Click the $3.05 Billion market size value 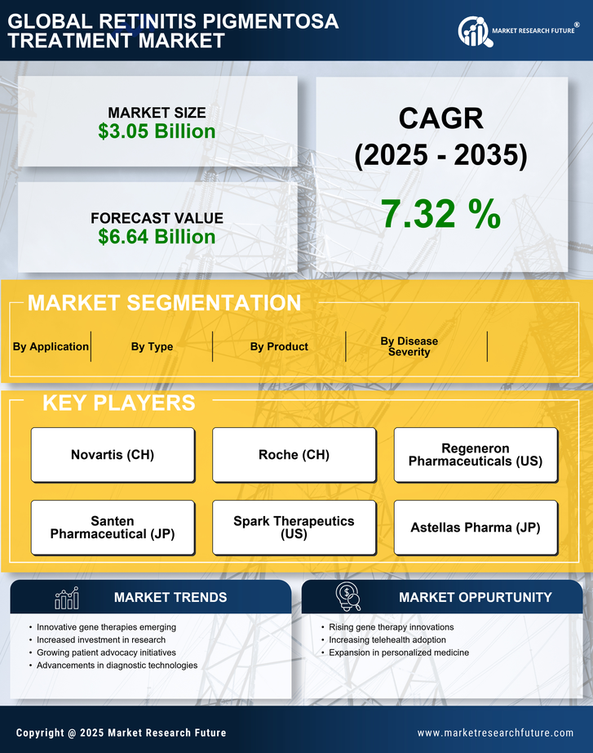point(157,131)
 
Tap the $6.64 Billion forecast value point(157,237)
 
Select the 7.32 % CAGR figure point(440,214)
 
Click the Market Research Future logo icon point(473,32)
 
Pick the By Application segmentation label point(51,346)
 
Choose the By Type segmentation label point(152,346)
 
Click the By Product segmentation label point(279,346)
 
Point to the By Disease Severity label point(409,346)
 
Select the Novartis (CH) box point(113,455)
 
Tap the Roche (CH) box point(294,455)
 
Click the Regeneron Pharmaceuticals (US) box point(476,455)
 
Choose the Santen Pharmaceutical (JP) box point(113,528)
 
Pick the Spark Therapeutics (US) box point(294,528)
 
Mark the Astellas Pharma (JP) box point(476,528)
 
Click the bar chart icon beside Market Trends point(66,598)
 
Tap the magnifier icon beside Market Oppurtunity point(347,597)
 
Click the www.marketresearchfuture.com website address point(495,733)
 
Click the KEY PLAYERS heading point(118,403)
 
